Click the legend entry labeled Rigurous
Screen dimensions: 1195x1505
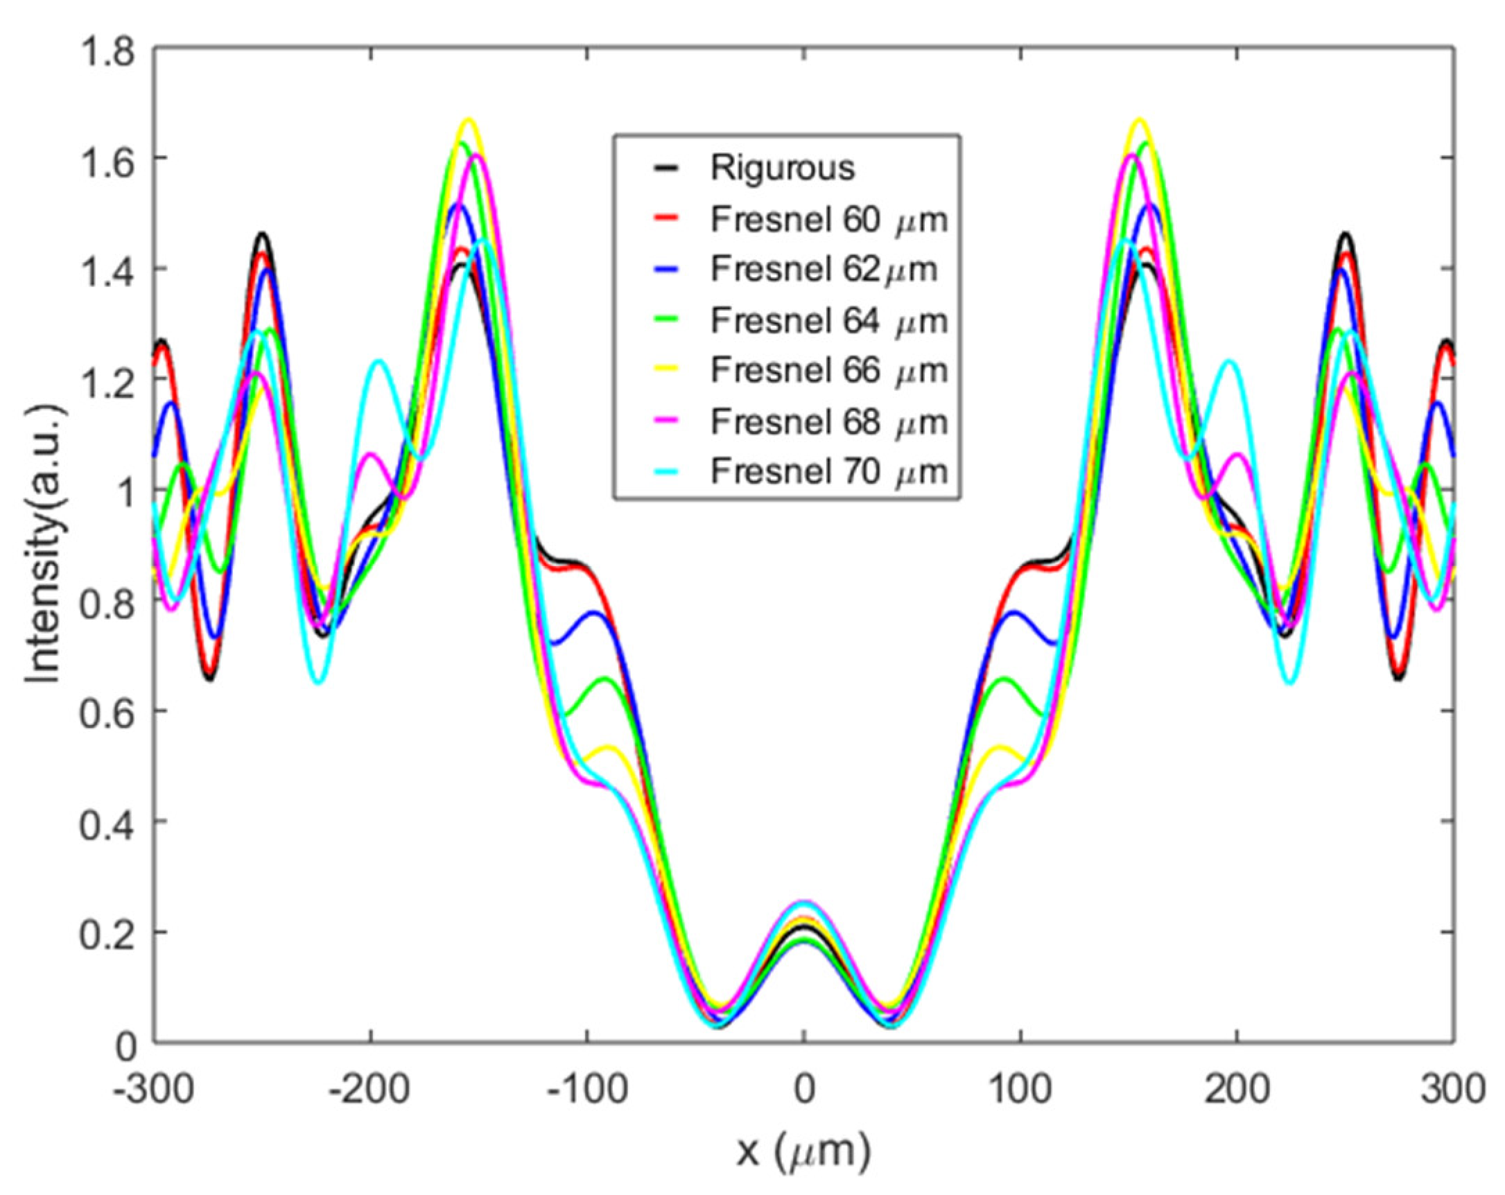pyautogui.click(x=782, y=168)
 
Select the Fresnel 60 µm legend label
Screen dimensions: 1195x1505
pyautogui.click(x=828, y=220)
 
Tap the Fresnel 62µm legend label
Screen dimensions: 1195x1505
pyautogui.click(x=824, y=270)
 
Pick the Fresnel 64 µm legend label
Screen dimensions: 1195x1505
pyautogui.click(x=828, y=321)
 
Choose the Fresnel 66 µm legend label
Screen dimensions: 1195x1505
pyautogui.click(x=828, y=371)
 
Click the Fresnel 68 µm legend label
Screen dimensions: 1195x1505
pyautogui.click(x=828, y=421)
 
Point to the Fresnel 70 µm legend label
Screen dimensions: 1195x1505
pyautogui.click(x=828, y=473)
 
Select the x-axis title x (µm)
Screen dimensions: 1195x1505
pyautogui.click(x=803, y=1153)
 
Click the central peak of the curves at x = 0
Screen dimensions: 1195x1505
pyautogui.click(x=804, y=905)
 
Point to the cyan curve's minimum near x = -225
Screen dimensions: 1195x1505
pyautogui.click(x=318, y=682)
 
